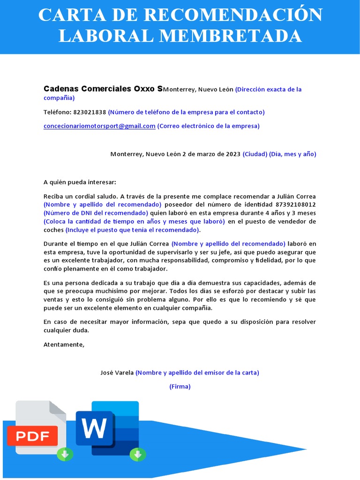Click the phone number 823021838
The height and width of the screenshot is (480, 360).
click(90, 112)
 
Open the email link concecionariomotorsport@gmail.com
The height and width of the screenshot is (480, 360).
click(99, 126)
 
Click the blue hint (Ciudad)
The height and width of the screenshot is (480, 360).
click(255, 154)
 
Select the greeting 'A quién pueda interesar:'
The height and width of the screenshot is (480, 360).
click(80, 182)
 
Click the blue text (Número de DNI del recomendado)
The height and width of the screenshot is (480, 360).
click(96, 213)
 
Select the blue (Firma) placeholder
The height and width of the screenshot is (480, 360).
click(180, 387)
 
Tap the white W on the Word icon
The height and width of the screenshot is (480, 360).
click(95, 428)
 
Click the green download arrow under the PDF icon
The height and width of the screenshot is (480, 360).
click(65, 454)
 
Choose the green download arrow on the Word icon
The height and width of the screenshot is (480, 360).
click(138, 454)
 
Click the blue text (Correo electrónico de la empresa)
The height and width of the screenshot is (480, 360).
click(208, 126)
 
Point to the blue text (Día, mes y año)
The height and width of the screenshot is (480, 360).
click(292, 154)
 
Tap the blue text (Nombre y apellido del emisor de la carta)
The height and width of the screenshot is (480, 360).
click(197, 373)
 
